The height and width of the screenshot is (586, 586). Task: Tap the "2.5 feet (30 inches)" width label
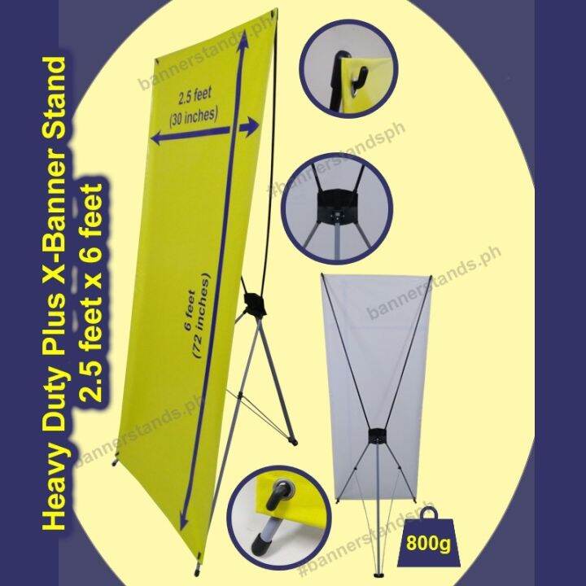click(x=193, y=108)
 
